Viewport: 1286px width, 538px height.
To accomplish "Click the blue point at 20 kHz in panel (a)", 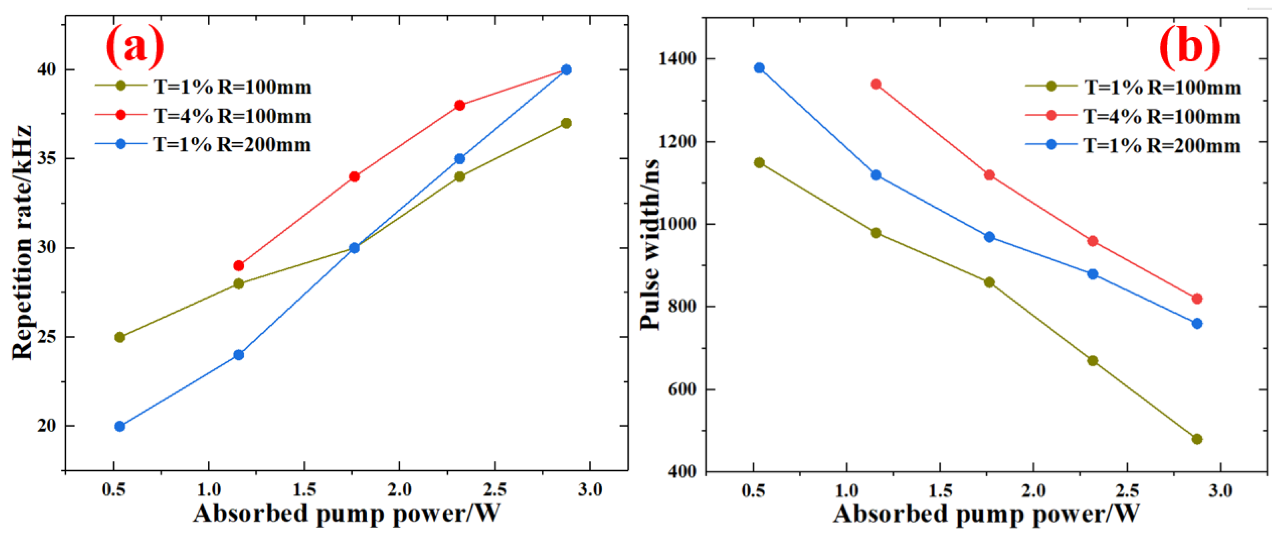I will (x=120, y=426).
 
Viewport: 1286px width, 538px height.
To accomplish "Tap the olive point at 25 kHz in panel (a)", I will (x=120, y=337).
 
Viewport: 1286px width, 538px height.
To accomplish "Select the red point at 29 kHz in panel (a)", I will (x=239, y=266).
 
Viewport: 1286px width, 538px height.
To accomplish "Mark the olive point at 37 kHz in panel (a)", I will (x=566, y=123).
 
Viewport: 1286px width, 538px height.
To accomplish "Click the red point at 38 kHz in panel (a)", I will (x=460, y=105).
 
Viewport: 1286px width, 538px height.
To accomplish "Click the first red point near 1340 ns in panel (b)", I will (x=876, y=85).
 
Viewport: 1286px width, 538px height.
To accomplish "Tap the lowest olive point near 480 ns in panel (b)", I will (x=1197, y=439).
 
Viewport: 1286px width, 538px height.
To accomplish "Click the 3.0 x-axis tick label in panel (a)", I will (x=590, y=490).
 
